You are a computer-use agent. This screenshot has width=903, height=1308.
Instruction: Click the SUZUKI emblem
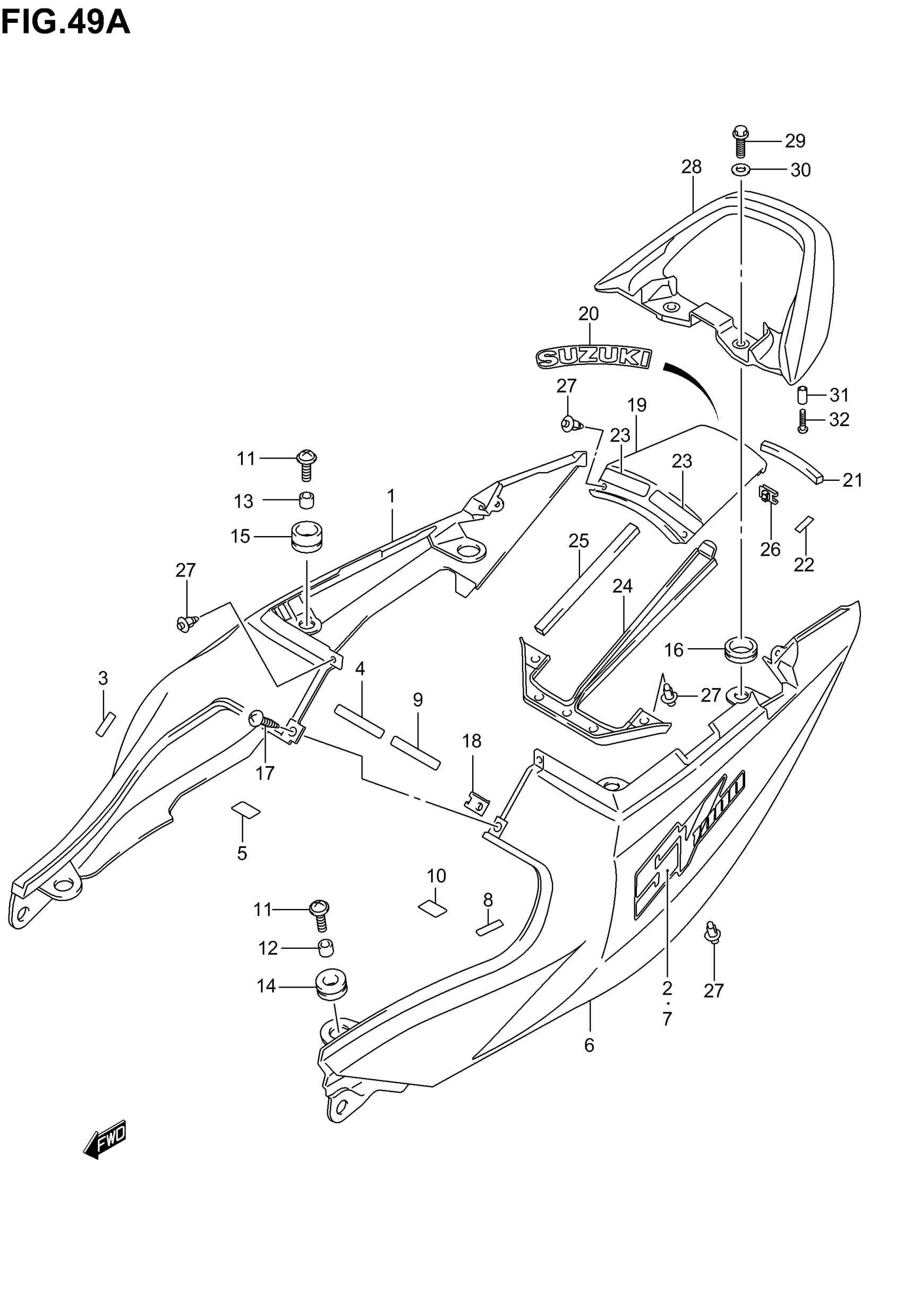pos(593,358)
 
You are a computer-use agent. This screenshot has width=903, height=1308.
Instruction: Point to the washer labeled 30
pos(741,169)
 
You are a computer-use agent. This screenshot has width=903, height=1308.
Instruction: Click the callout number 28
pos(691,167)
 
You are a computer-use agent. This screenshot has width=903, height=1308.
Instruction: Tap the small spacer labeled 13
pos(306,500)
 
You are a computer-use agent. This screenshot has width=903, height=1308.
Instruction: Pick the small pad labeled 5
pos(245,811)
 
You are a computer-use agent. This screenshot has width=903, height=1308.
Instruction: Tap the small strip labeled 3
pos(105,724)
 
